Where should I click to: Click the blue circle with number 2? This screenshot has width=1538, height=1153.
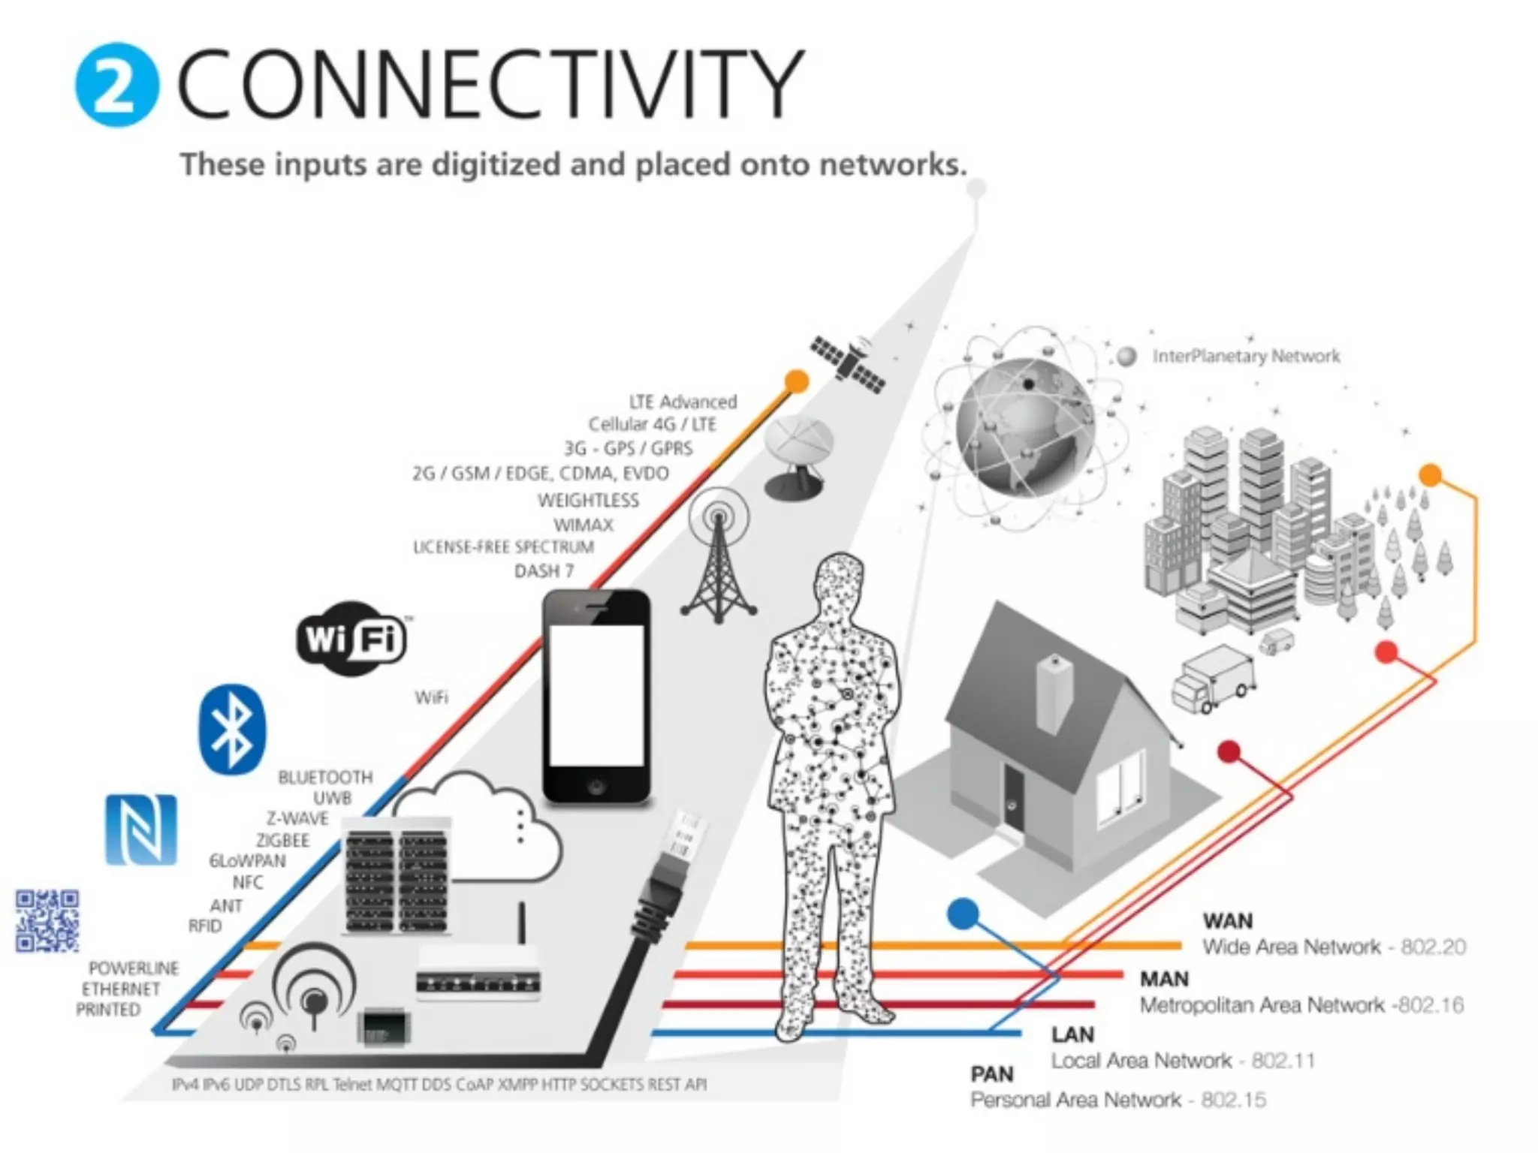(x=116, y=84)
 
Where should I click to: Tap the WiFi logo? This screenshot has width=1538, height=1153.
(x=351, y=639)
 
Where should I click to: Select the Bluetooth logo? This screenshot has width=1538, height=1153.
(x=232, y=730)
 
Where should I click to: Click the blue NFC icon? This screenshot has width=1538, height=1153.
(x=141, y=829)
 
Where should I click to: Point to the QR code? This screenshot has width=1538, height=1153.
(x=47, y=921)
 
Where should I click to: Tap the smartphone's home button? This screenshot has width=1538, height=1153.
(x=596, y=787)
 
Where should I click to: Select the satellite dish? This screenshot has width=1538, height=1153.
(x=798, y=454)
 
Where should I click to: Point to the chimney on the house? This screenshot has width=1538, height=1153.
(x=1054, y=694)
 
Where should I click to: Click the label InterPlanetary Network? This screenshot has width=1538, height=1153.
(x=1246, y=356)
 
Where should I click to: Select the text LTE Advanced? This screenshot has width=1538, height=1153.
(x=683, y=402)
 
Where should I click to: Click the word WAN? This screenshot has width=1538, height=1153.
(x=1227, y=920)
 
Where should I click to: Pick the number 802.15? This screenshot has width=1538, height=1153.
(x=1233, y=1100)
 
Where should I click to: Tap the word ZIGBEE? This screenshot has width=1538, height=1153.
(x=283, y=840)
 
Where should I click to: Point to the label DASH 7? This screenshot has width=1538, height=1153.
(x=544, y=571)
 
